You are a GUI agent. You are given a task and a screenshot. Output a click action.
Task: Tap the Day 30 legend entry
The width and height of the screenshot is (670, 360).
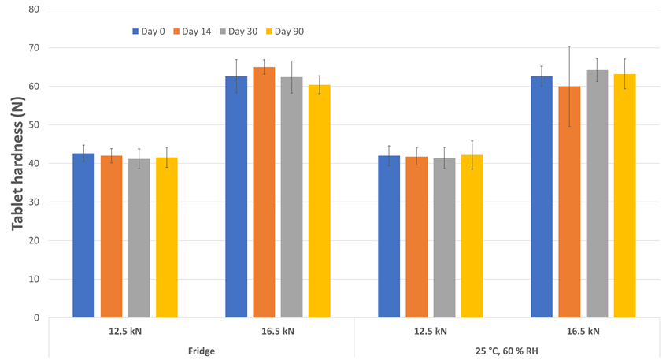click(245, 32)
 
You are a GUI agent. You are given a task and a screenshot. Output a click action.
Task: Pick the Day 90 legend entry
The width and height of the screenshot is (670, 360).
click(291, 32)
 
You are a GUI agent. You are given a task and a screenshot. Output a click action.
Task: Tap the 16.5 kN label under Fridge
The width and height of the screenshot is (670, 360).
click(278, 331)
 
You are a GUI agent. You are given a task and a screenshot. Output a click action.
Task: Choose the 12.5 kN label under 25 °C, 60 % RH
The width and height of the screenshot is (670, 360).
click(431, 331)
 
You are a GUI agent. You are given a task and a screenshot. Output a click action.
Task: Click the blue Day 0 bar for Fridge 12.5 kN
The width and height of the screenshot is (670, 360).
click(83, 236)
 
